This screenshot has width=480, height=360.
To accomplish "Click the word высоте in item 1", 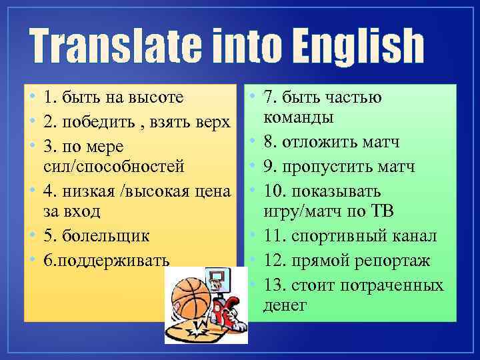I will [x=157, y=99].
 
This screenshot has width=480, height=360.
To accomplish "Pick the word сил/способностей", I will [x=114, y=165].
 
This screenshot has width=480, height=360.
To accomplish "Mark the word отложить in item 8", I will [x=317, y=142].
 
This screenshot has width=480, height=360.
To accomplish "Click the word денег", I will [x=285, y=305].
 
